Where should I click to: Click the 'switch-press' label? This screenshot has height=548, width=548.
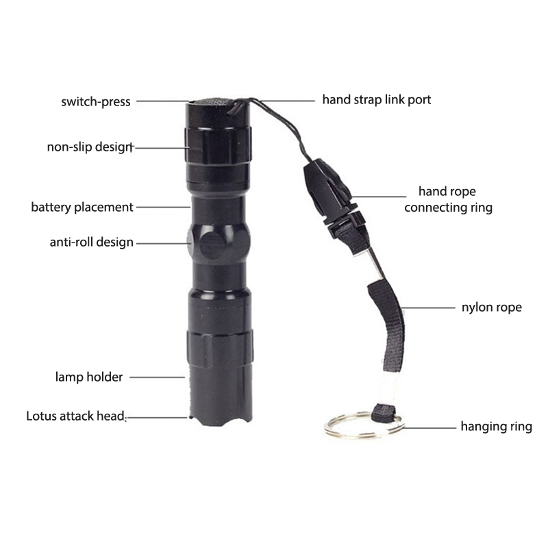96,101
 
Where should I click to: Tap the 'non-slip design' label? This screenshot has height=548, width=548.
90,147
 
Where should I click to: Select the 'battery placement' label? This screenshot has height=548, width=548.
82,208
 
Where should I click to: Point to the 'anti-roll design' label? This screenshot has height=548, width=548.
92,242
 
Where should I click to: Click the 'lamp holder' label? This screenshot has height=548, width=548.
89,377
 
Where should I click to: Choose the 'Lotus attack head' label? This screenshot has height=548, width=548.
75,416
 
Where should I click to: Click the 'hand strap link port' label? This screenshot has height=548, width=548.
376,100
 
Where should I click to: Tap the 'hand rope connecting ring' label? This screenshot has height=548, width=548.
449,199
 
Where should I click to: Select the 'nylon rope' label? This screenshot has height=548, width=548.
492,307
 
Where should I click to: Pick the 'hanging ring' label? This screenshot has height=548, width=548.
496,427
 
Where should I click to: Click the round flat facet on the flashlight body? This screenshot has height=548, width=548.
213,245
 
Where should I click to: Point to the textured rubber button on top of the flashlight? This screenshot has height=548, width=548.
212,101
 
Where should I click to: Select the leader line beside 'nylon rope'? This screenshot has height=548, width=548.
429,308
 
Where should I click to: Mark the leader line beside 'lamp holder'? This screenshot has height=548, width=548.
158,377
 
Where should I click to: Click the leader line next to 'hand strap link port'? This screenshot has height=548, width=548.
287,101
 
